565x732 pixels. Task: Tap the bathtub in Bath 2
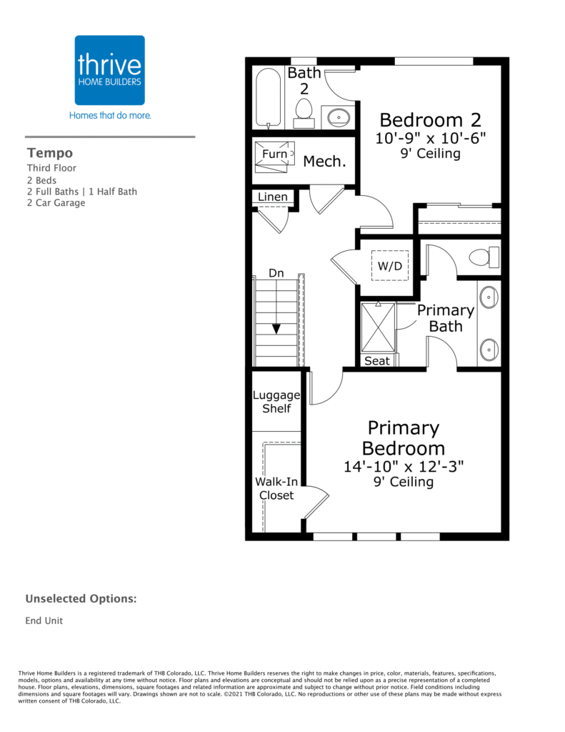[x=269, y=99]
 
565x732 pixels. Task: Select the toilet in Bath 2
[x=304, y=113]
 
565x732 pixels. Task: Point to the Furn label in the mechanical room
[x=274, y=154]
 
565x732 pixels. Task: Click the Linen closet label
[x=272, y=197]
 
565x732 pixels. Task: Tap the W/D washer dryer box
[x=390, y=266]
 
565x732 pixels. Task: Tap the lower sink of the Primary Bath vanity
[x=489, y=349]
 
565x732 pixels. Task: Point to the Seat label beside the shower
[x=376, y=361]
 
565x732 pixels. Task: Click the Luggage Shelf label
[x=276, y=402]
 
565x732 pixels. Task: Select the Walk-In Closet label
[x=276, y=489]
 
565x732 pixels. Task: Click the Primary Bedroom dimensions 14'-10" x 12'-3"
[x=404, y=466]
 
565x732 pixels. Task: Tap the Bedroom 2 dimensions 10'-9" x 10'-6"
[x=431, y=138]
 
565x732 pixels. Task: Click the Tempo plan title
[x=50, y=153]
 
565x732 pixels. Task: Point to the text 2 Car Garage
[x=56, y=202]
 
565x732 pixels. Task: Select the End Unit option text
[x=44, y=620]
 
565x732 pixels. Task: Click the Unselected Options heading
[x=81, y=599]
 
